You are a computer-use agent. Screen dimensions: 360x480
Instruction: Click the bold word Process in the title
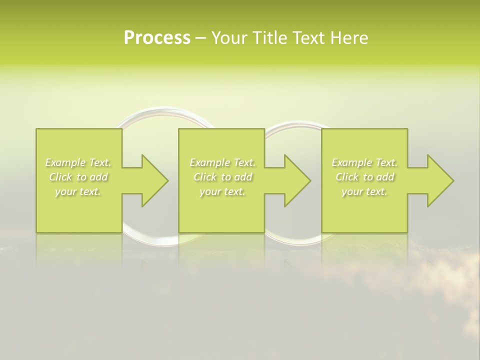pos(157,38)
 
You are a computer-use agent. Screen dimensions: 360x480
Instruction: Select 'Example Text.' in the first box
pos(78,162)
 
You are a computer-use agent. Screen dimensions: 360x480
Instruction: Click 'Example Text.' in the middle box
pos(222,162)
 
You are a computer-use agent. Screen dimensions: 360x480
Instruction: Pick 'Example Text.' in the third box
pos(364,162)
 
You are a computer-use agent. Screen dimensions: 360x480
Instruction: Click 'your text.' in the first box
pos(78,191)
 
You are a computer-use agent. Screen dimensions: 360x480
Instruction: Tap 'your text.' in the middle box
pos(222,191)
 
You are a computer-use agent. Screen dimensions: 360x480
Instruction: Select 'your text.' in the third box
pos(364,191)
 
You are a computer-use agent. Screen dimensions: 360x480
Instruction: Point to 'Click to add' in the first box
pos(78,177)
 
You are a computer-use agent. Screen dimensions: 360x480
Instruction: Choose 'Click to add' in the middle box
pos(222,177)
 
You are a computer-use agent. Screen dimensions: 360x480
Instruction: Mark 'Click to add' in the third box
pos(364,177)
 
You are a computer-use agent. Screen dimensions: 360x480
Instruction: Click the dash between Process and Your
pos(200,38)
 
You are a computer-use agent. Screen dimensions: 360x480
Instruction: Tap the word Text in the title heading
pos(307,38)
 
